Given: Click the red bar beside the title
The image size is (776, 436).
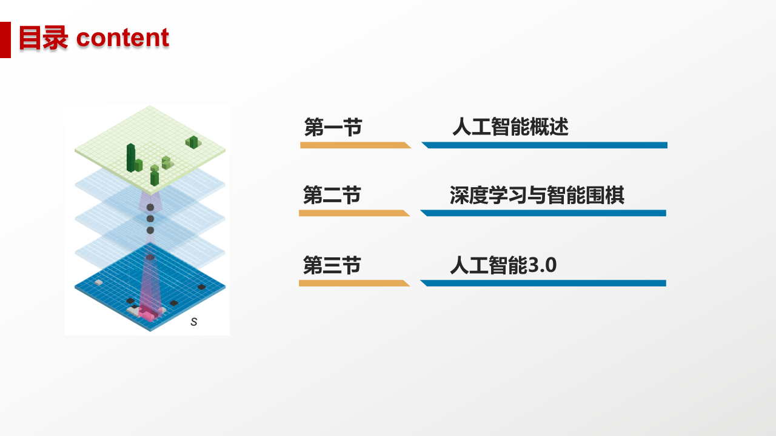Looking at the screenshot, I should (5, 40).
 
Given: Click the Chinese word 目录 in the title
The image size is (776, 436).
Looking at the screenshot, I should (43, 38).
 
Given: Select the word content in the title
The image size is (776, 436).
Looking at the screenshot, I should (122, 38).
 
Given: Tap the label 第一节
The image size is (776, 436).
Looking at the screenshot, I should (333, 128).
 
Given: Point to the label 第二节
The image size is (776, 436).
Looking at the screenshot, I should (332, 196).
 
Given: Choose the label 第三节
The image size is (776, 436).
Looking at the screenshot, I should (332, 265).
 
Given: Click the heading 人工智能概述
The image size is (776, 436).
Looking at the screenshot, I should (510, 128).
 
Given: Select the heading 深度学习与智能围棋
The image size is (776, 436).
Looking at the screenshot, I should (537, 196).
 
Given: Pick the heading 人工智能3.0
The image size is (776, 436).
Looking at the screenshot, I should (503, 265).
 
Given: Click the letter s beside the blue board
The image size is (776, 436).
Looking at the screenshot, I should (194, 322).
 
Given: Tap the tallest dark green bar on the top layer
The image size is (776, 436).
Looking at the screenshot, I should (130, 157).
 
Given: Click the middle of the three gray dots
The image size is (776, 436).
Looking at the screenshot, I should (150, 219).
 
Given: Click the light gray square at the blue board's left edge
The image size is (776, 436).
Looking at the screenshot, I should (99, 282).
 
